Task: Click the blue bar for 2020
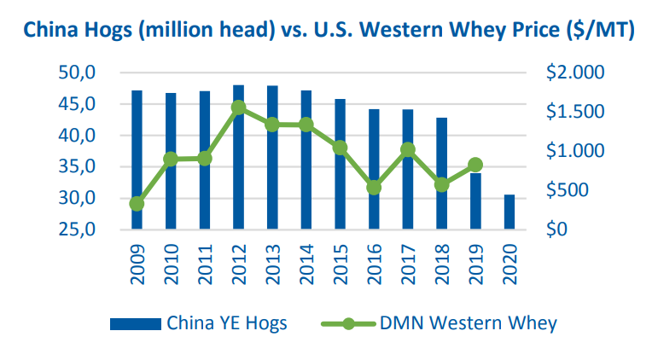[x=510, y=212]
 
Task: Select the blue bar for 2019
[x=475, y=201]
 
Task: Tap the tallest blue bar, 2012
[x=238, y=158]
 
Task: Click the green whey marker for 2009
[x=137, y=204]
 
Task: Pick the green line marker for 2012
[x=238, y=107]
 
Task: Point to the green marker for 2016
[x=374, y=187]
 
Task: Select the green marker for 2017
[x=408, y=150]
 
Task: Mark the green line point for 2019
[x=475, y=165]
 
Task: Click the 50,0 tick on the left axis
[x=77, y=73]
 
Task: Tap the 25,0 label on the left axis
[x=77, y=229]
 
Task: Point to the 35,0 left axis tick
[x=77, y=167]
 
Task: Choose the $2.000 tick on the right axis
[x=574, y=73]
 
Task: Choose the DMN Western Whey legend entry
[x=439, y=322]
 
